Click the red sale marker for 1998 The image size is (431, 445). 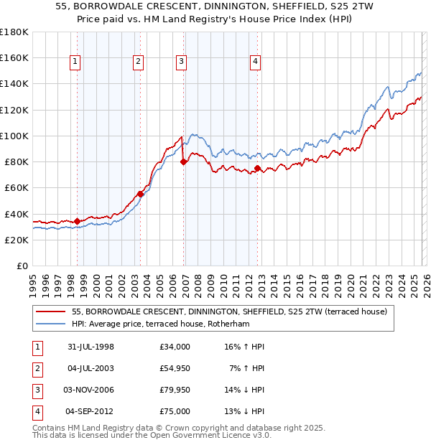[77, 221]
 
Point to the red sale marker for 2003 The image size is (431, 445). [140, 194]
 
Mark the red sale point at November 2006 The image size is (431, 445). [184, 161]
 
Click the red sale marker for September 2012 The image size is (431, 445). [258, 168]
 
